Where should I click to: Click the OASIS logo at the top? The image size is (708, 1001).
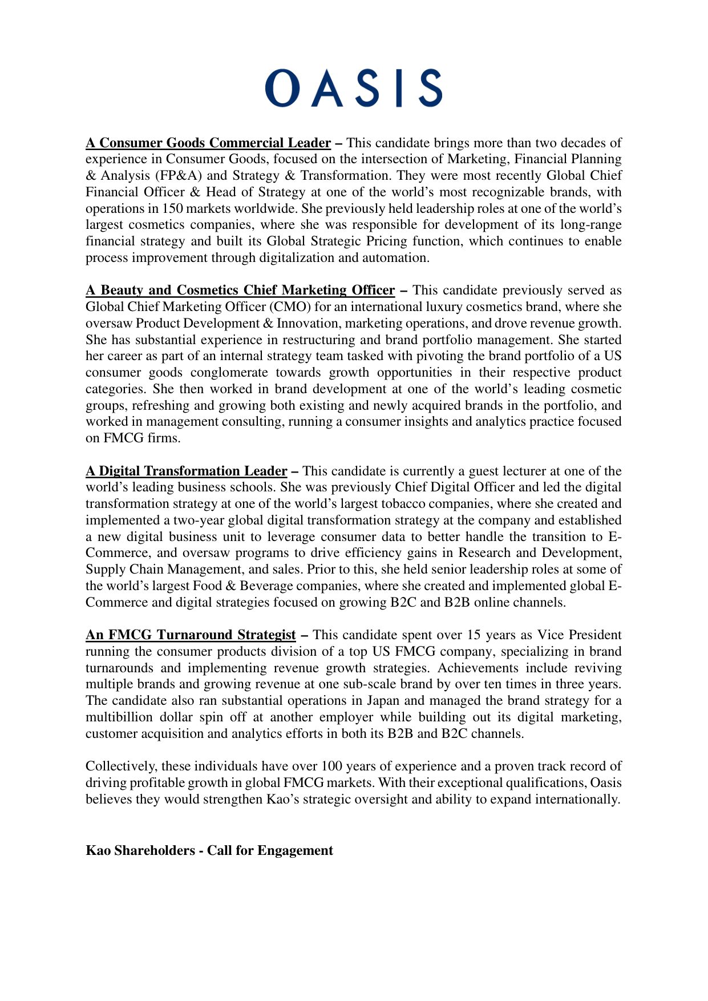click(x=354, y=88)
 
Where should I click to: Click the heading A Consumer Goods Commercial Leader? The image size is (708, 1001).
click(x=208, y=143)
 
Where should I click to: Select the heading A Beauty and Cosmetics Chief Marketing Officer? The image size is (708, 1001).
click(x=240, y=290)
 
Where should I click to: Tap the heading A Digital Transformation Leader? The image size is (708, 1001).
click(x=187, y=471)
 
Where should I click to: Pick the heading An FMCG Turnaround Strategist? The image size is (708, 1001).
click(x=191, y=635)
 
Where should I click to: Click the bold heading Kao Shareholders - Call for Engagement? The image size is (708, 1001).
click(x=209, y=850)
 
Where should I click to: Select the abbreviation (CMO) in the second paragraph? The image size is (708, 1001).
click(x=290, y=306)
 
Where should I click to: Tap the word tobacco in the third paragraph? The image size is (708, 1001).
click(x=404, y=503)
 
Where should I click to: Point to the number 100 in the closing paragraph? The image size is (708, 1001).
click(x=332, y=766)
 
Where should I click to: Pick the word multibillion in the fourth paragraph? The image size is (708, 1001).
click(x=119, y=717)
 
